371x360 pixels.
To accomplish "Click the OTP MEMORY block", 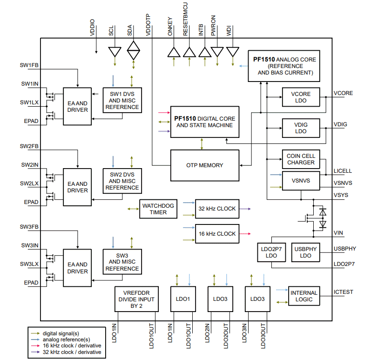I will click(204, 165).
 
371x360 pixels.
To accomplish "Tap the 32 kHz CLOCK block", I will click(216, 209).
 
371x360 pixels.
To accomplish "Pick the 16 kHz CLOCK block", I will click(216, 233).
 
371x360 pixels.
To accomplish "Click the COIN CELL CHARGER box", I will click(301, 159).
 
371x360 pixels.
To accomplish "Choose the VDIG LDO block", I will click(301, 128).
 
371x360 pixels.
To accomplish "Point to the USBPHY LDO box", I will click(305, 252).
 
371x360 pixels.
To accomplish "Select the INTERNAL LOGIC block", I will click(304, 296).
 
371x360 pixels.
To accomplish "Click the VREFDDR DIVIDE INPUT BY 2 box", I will click(136, 299).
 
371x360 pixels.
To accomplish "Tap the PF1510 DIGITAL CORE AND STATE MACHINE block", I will click(204, 122).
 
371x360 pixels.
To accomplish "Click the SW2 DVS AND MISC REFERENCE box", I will click(122, 181).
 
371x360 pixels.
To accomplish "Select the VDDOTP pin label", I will click(148, 25).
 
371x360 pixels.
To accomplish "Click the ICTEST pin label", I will click(343, 292).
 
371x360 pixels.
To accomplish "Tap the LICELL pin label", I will click(343, 171).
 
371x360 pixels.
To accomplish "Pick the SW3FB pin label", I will click(29, 227).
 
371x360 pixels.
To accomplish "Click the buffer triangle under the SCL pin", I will click(114, 52).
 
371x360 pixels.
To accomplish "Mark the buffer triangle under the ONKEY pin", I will click(174, 51).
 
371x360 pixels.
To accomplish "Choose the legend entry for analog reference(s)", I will click(66, 340).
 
